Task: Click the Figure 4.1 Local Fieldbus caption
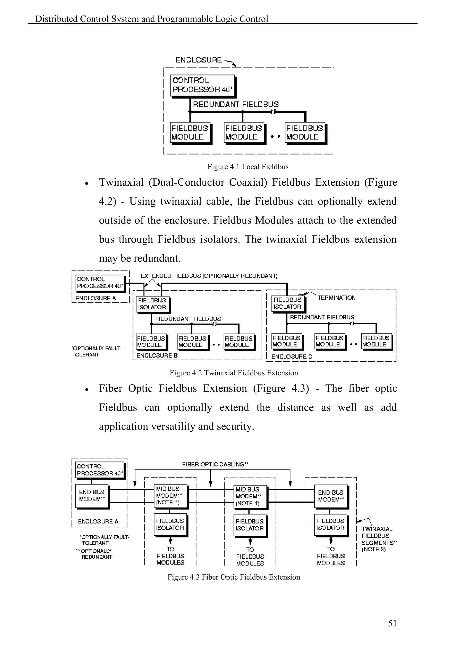[x=248, y=167]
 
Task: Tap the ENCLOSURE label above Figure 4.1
[x=199, y=60]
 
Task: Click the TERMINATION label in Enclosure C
[x=336, y=298]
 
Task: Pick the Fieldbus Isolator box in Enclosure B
[x=152, y=304]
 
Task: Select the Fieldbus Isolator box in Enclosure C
[x=288, y=303]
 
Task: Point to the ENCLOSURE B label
[x=157, y=355]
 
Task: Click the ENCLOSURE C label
[x=291, y=356]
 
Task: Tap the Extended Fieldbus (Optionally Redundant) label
[x=209, y=276]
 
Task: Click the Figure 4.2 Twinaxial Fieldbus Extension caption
[x=234, y=373]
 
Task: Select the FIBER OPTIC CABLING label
[x=215, y=464]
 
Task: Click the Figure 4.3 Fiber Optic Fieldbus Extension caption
[x=234, y=577]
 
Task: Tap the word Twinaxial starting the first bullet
[x=121, y=182]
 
